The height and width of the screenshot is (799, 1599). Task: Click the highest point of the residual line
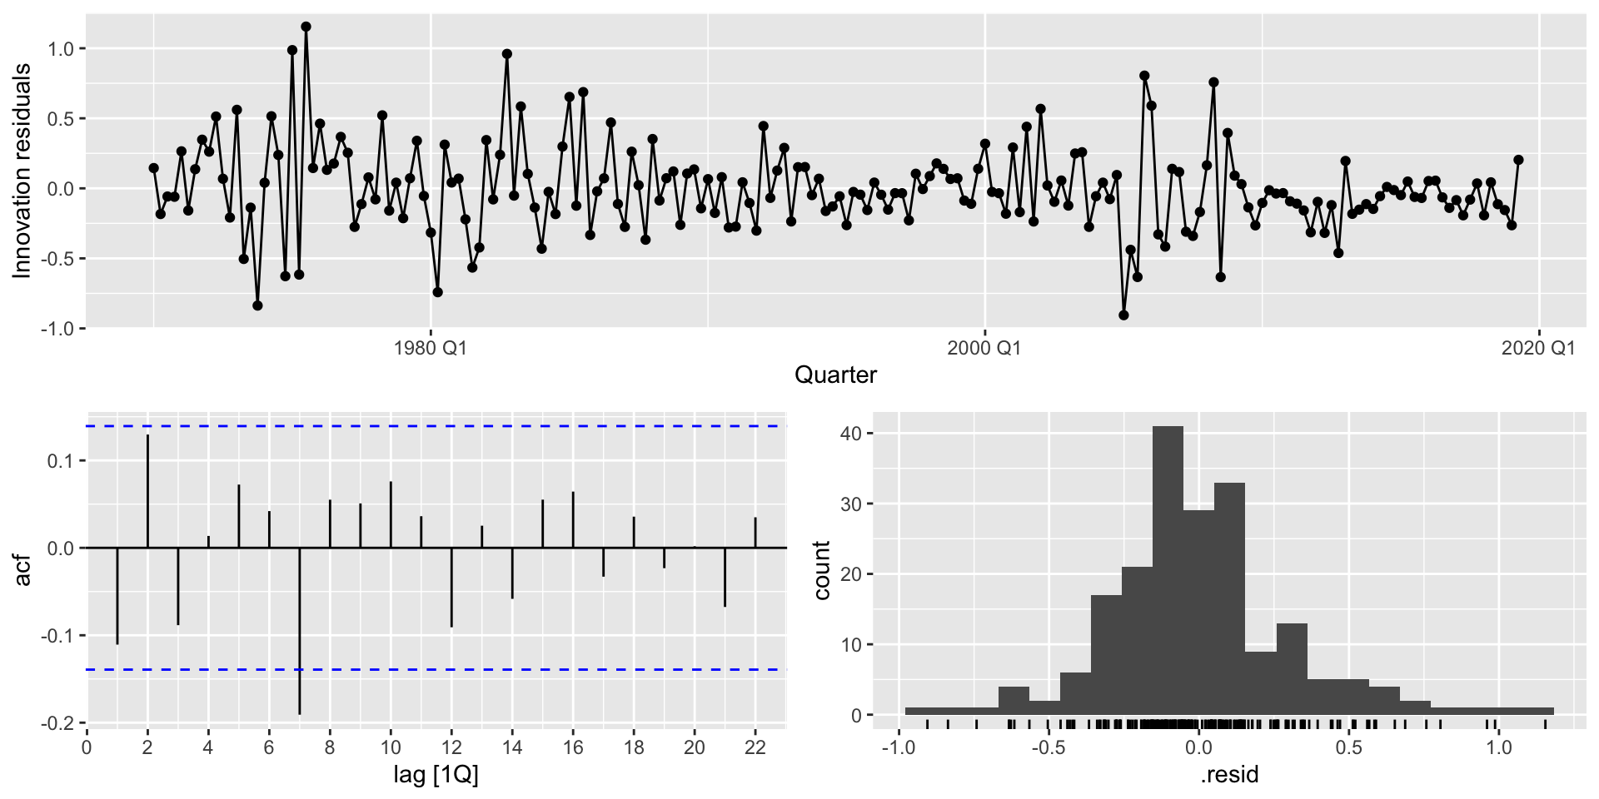306,27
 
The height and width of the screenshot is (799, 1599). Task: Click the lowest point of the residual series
1123,315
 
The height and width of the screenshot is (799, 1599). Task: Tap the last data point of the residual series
1518,160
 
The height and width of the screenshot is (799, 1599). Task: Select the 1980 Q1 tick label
430,348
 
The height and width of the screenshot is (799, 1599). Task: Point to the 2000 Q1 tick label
984,348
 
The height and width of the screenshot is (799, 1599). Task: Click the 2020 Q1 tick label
1538,348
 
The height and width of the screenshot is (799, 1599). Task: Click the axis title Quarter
835,375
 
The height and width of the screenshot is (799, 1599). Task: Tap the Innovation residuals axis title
22,171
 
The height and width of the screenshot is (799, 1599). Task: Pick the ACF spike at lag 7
300,631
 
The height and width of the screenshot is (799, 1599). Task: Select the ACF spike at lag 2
148,491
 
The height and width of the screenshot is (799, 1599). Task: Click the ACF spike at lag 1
117,596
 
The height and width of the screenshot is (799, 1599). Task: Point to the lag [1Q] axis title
436,776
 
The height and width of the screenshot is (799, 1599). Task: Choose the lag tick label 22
755,748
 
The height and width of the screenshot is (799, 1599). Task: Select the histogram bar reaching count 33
1229,599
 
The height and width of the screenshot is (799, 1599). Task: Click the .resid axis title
1229,776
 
